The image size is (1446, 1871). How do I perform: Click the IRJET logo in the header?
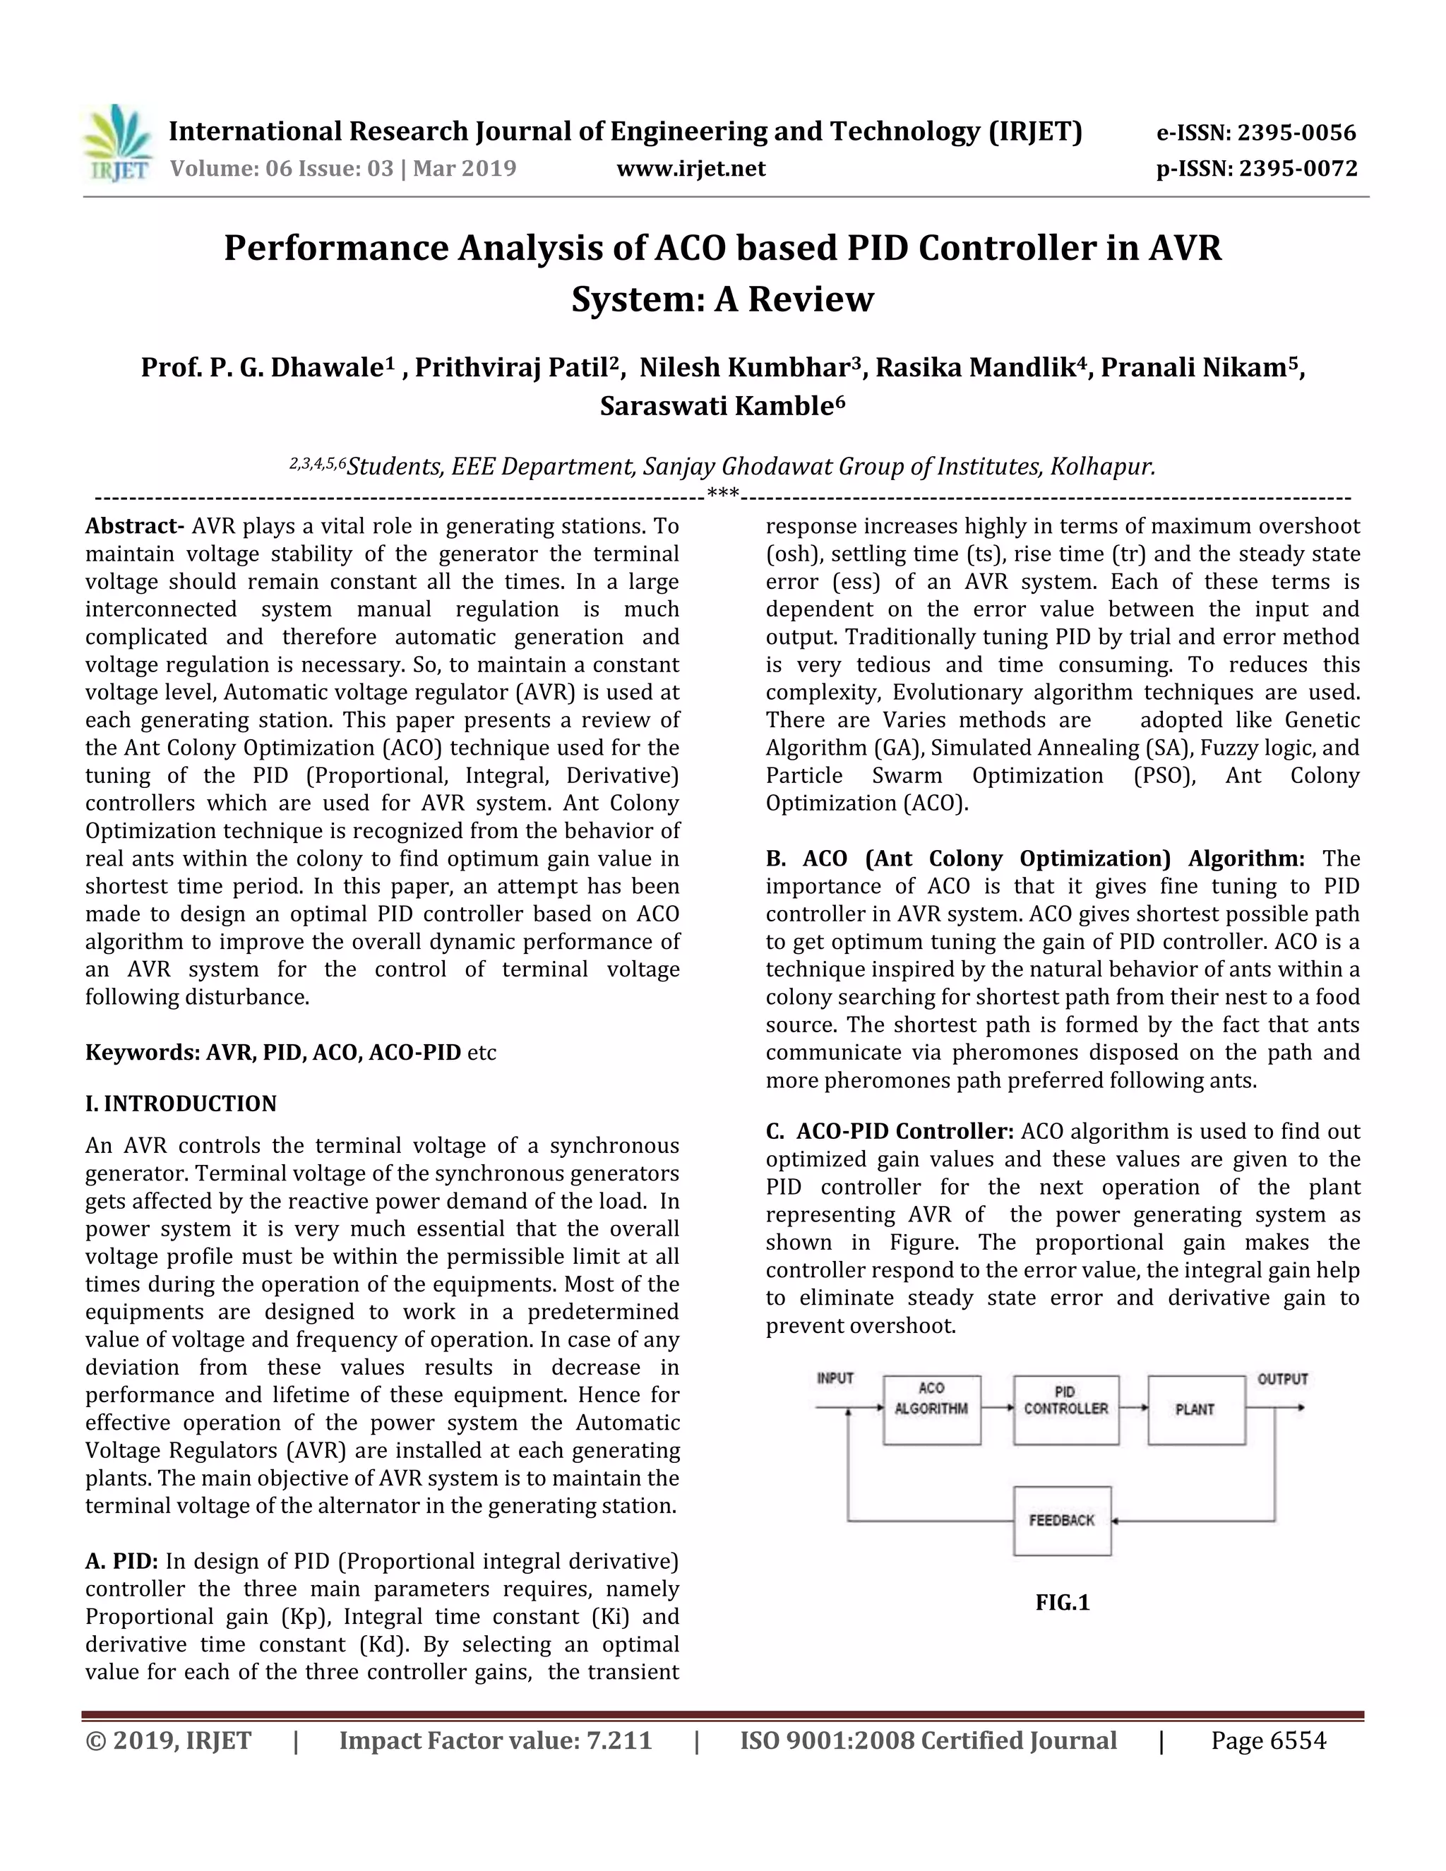pos(118,143)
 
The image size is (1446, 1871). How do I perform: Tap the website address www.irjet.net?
pos(691,169)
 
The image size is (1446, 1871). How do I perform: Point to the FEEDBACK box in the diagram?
pos(1062,1521)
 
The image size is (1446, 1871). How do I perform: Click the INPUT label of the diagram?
pos(835,1378)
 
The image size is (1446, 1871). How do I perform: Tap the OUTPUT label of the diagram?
pos(1282,1380)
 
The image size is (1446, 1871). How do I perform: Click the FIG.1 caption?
pos(1062,1603)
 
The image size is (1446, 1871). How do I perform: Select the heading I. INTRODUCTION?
pos(181,1104)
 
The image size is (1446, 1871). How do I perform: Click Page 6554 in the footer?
pos(1268,1741)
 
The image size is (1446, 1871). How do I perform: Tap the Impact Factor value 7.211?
pos(619,1741)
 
